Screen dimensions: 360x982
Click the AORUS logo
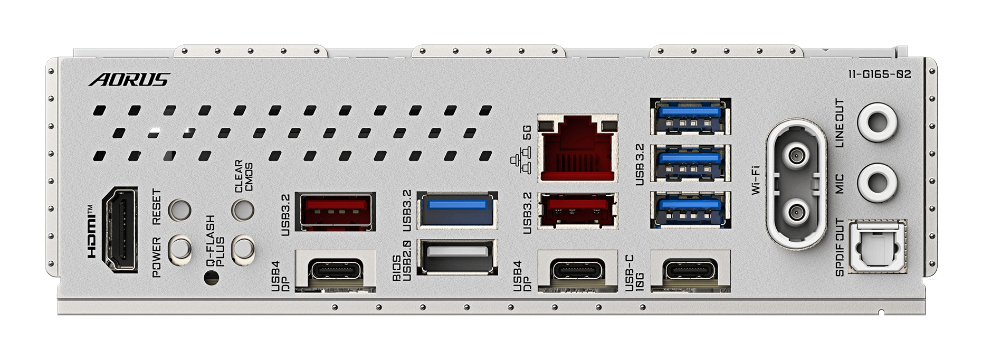point(129,80)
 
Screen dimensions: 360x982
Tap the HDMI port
point(121,230)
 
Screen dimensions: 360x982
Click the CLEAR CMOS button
point(243,210)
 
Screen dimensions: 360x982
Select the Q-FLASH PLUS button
point(243,249)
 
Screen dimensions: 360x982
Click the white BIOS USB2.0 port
point(457,257)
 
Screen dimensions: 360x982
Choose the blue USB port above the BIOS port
point(457,210)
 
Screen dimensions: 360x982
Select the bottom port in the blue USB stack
point(690,210)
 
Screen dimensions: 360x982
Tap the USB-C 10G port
point(690,271)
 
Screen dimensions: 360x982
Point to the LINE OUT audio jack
point(877,122)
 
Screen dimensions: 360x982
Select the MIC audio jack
point(877,183)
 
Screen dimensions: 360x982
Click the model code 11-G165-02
point(880,74)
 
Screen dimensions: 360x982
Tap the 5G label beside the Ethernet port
point(526,132)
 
